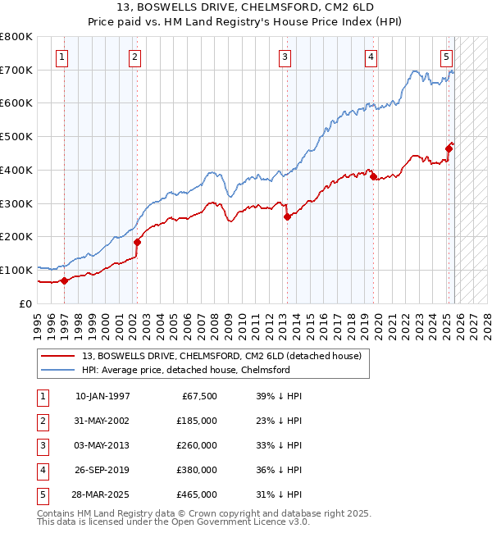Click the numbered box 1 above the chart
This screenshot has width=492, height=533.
(x=63, y=57)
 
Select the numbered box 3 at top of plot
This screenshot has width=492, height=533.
(x=284, y=57)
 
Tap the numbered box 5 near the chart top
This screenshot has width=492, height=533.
(x=446, y=57)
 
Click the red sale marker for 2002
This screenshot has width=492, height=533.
(x=137, y=242)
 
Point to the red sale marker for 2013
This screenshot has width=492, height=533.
(x=287, y=216)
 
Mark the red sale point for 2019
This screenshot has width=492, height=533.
(x=373, y=176)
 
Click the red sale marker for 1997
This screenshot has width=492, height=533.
(x=64, y=280)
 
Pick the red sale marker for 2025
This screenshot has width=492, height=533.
(x=449, y=148)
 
